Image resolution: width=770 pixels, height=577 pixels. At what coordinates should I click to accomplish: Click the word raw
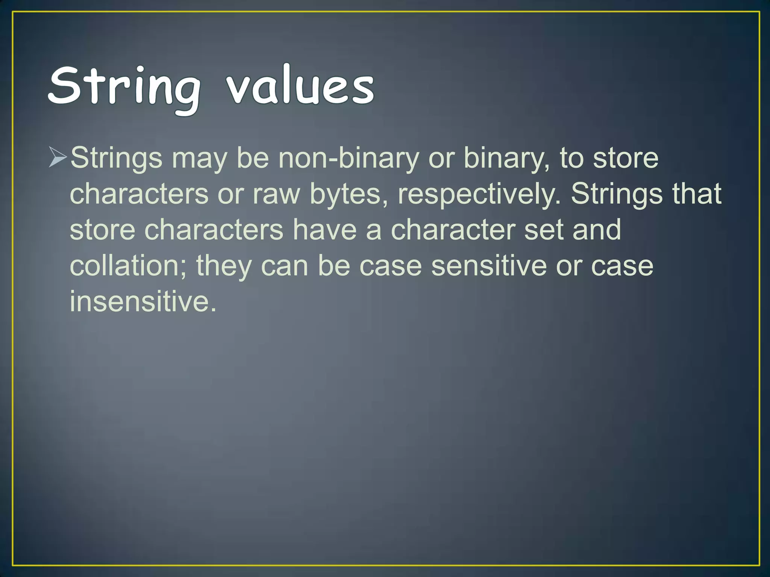[x=276, y=194]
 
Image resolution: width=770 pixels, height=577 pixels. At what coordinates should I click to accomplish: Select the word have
[x=324, y=230]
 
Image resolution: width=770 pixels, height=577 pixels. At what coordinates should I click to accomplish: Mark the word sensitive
[x=489, y=266]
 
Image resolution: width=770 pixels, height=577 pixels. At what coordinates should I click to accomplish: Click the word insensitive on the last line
[x=143, y=302]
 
